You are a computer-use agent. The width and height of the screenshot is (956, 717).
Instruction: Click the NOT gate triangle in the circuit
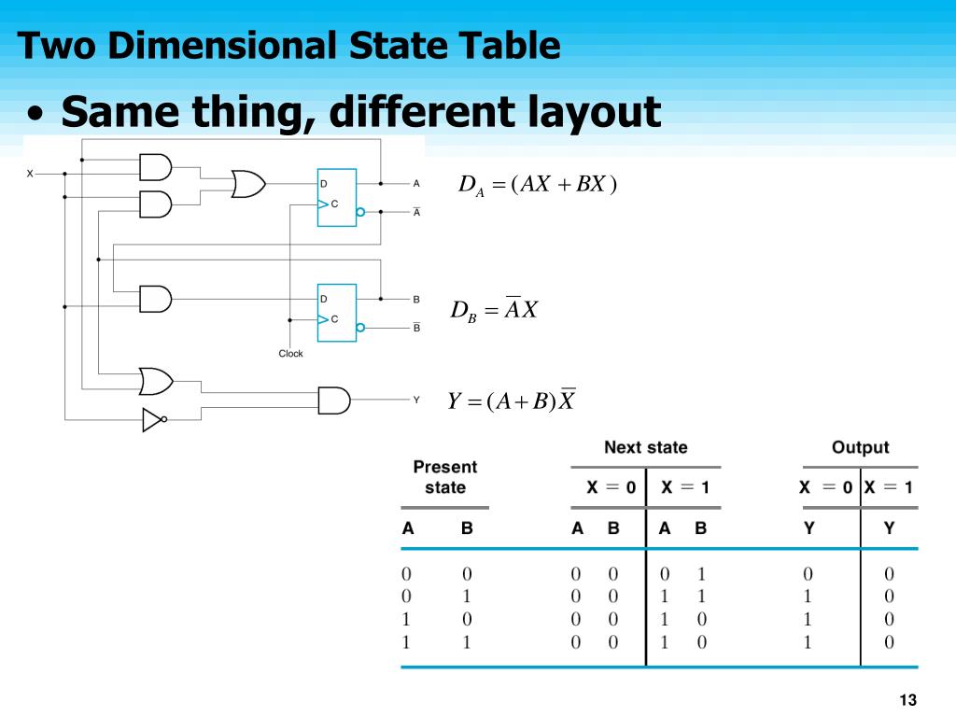click(x=152, y=420)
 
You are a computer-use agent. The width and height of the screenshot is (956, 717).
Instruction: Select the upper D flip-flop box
click(x=336, y=197)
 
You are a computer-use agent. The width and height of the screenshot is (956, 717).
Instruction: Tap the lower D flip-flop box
click(x=336, y=311)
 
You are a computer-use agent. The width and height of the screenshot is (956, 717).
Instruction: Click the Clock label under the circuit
click(x=290, y=354)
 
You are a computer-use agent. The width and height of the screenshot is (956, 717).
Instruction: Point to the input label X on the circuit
click(x=29, y=173)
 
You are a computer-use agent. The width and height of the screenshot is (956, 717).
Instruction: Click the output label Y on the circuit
click(x=416, y=401)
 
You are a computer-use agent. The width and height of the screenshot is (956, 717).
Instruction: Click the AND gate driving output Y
click(x=333, y=401)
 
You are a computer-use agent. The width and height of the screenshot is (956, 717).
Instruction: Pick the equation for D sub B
click(x=494, y=311)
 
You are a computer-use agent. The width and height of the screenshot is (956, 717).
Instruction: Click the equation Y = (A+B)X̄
click(x=511, y=401)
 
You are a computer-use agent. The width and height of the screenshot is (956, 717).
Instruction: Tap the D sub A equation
click(x=538, y=185)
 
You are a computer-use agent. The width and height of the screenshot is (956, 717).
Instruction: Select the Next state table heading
click(x=645, y=447)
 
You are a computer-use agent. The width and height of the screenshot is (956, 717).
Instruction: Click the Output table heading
click(x=860, y=447)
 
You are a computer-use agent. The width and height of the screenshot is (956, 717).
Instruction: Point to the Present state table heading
click(x=444, y=477)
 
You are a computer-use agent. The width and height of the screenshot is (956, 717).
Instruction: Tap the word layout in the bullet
click(x=595, y=113)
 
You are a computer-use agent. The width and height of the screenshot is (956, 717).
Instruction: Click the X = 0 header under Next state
click(x=611, y=487)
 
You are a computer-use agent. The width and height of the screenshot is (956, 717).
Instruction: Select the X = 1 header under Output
click(x=889, y=487)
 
